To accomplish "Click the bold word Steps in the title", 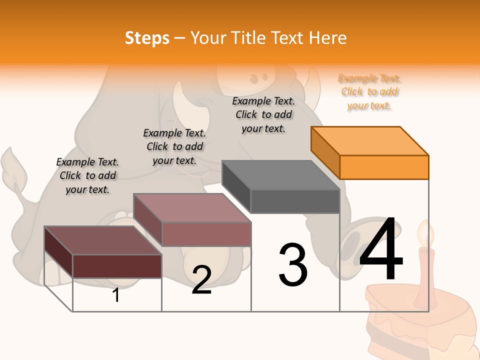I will coord(147,38).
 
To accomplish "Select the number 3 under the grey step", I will coord(293,265).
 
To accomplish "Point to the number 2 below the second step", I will coord(201,280).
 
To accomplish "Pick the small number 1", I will coord(115,295).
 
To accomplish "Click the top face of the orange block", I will coord(369,140).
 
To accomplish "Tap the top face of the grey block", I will coord(280,175).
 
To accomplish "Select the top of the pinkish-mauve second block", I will coord(191,207).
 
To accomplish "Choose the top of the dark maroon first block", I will coord(102,240).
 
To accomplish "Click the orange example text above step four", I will coord(369,92).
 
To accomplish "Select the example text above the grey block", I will coord(263,114).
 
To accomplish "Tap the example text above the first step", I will coord(87,175).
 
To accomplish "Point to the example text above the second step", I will coord(174,146).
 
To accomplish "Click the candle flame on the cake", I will coord(425,234).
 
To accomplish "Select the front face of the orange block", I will coord(384,167).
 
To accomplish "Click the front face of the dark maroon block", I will coord(117,266).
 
